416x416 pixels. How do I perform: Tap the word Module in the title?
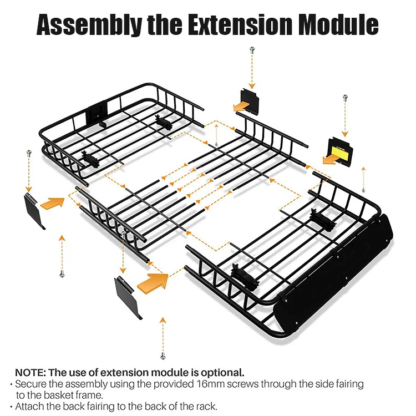pyautogui.click(x=341, y=25)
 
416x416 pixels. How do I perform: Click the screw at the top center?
pyautogui.click(x=252, y=50)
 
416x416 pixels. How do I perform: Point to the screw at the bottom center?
pyautogui.click(x=163, y=355)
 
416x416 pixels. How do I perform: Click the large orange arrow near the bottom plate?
pyautogui.click(x=151, y=283)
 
